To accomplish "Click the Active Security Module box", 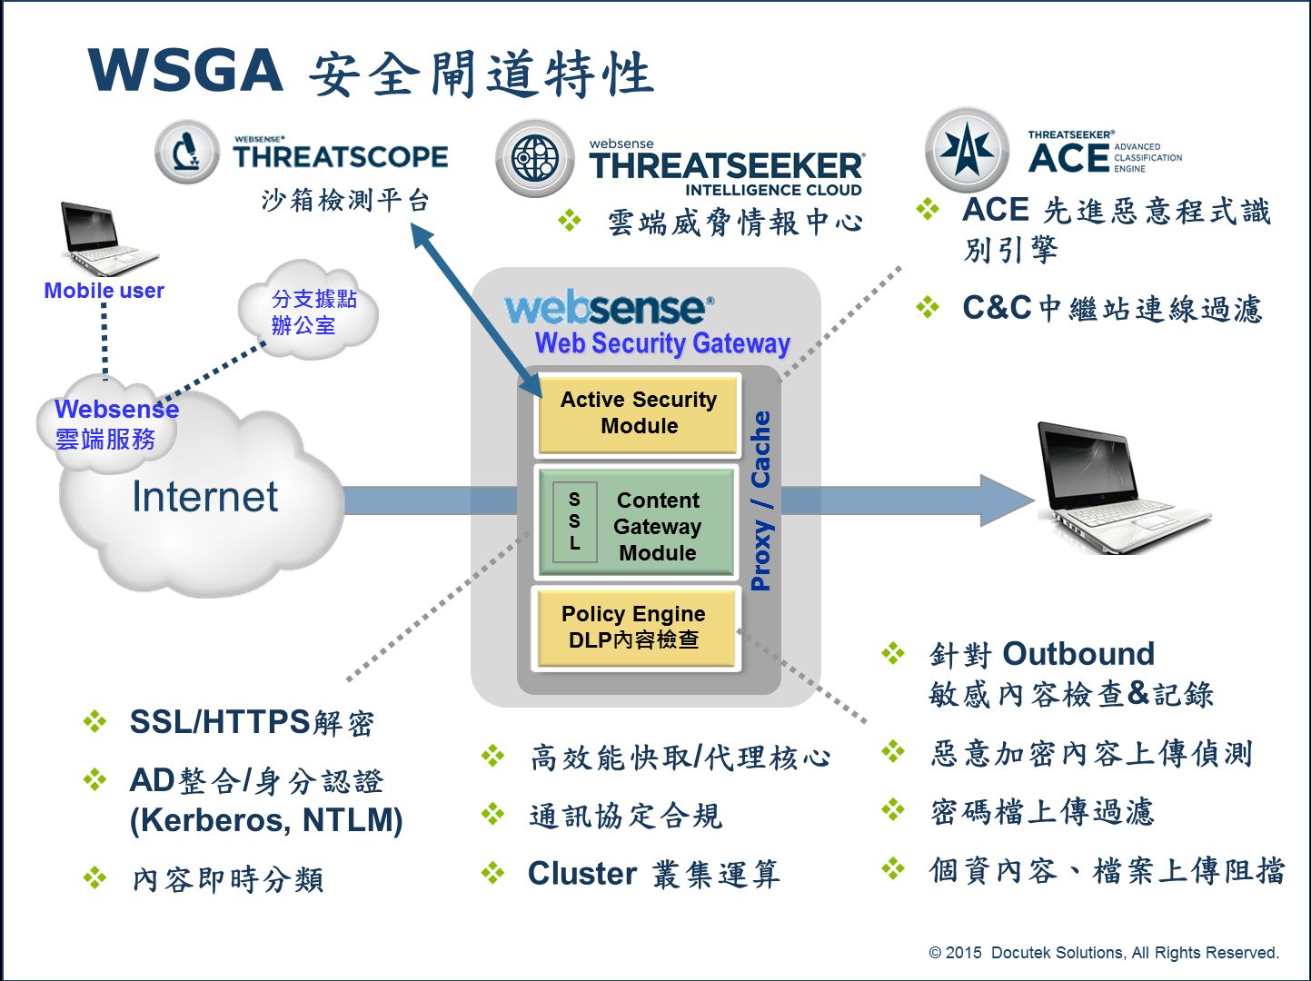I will click(x=638, y=413).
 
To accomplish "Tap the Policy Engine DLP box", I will click(x=634, y=627).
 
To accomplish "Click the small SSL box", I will click(x=574, y=521).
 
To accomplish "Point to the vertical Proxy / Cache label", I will click(x=760, y=500).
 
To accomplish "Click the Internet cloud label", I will click(x=204, y=497).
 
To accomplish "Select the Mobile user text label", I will click(x=104, y=291).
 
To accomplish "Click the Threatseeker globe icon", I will click(x=535, y=160).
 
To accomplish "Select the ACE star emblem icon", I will click(x=967, y=149).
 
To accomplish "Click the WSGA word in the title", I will click(x=185, y=71).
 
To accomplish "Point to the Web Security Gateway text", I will click(x=662, y=343).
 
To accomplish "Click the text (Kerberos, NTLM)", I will click(x=265, y=820).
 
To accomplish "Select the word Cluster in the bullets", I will click(x=581, y=873).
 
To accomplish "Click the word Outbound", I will click(x=1078, y=654).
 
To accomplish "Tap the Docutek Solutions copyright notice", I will click(x=1103, y=952).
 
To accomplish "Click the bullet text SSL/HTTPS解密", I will click(x=251, y=722).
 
